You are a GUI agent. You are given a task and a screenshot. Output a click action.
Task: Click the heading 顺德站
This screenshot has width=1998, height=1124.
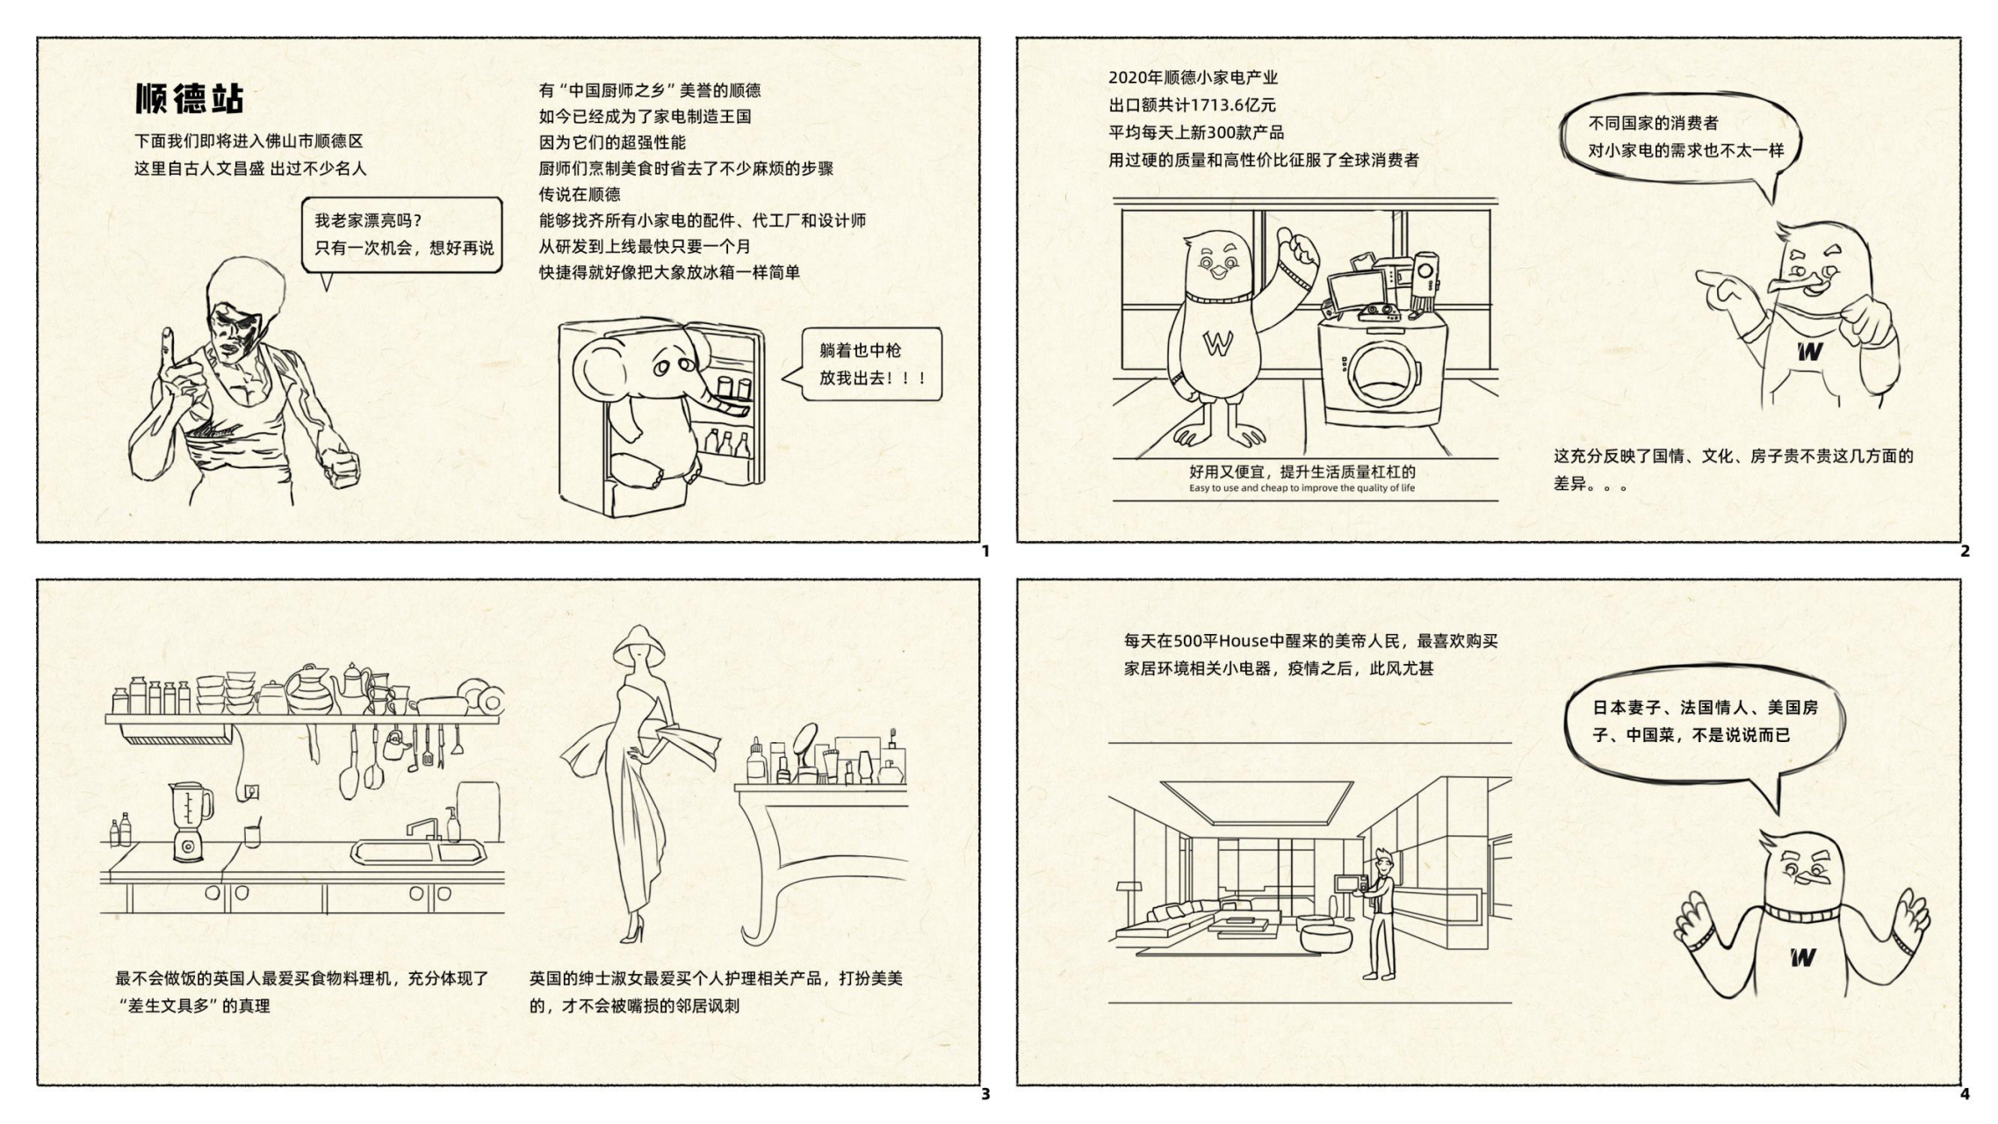189,98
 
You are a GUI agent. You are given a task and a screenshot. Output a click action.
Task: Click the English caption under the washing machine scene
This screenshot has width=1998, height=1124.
1302,488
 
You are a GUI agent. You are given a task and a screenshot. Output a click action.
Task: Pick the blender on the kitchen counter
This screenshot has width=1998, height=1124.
190,821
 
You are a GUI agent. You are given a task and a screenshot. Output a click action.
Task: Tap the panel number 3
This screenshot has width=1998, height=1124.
985,1094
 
